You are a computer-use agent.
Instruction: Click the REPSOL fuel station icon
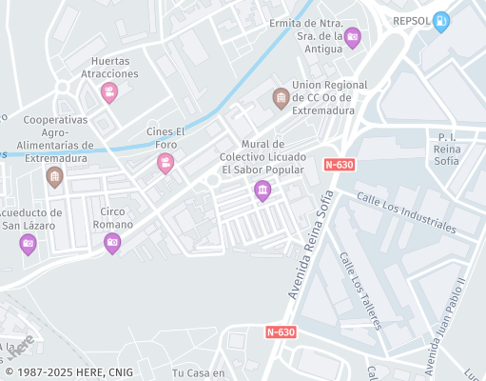(441, 22)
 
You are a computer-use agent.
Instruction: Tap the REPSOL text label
(413, 19)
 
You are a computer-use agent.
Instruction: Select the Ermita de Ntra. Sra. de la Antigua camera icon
(353, 38)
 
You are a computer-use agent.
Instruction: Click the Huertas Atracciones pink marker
(109, 92)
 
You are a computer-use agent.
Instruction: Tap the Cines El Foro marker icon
(165, 164)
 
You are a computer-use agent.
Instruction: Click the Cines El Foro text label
(163, 138)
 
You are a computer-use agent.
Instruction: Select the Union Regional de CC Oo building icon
(281, 97)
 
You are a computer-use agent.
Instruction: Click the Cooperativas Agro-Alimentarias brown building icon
(55, 177)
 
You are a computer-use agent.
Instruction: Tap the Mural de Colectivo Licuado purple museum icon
(262, 192)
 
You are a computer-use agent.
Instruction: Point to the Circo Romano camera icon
(112, 243)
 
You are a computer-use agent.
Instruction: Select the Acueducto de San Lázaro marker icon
(29, 245)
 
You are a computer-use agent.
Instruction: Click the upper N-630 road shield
(340, 164)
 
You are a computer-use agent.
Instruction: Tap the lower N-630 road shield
(281, 332)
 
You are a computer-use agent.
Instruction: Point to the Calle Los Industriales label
(406, 211)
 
